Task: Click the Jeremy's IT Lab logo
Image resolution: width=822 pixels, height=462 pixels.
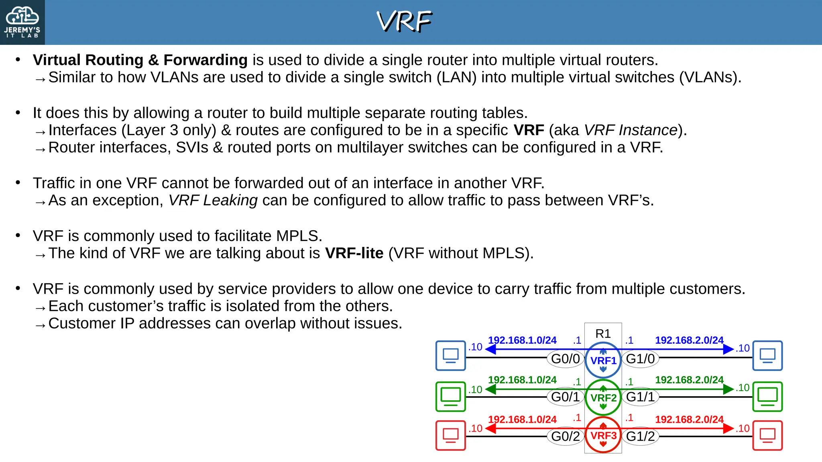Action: tap(22, 22)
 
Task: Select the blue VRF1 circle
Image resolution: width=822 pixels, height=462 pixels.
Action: tap(603, 360)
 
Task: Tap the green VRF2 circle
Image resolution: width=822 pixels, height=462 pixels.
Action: tap(603, 397)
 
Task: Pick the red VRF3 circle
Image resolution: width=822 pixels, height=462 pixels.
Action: tap(603, 435)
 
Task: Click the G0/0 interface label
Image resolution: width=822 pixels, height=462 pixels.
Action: tap(565, 359)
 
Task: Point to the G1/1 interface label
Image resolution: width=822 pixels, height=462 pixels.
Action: tap(640, 397)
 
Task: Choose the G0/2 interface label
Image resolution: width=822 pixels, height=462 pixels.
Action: tap(565, 436)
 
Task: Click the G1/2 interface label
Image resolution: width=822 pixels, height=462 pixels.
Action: tap(640, 436)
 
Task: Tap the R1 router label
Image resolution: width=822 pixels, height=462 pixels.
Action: tap(603, 333)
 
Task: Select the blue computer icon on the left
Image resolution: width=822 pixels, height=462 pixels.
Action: tap(450, 355)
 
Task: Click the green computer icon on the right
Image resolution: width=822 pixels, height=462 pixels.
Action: tap(767, 396)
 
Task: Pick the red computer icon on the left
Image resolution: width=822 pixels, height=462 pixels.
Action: tap(450, 435)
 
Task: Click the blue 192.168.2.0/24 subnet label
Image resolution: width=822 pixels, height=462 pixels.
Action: tap(689, 340)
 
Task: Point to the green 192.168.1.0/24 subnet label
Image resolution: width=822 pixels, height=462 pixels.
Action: tap(522, 379)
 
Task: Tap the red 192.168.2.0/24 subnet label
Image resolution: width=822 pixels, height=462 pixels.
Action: tap(689, 419)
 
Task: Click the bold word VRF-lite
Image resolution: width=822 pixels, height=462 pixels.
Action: tap(354, 253)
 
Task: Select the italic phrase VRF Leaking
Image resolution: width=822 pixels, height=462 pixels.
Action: tap(213, 200)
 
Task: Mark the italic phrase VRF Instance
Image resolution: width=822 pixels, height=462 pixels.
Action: tap(631, 130)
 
